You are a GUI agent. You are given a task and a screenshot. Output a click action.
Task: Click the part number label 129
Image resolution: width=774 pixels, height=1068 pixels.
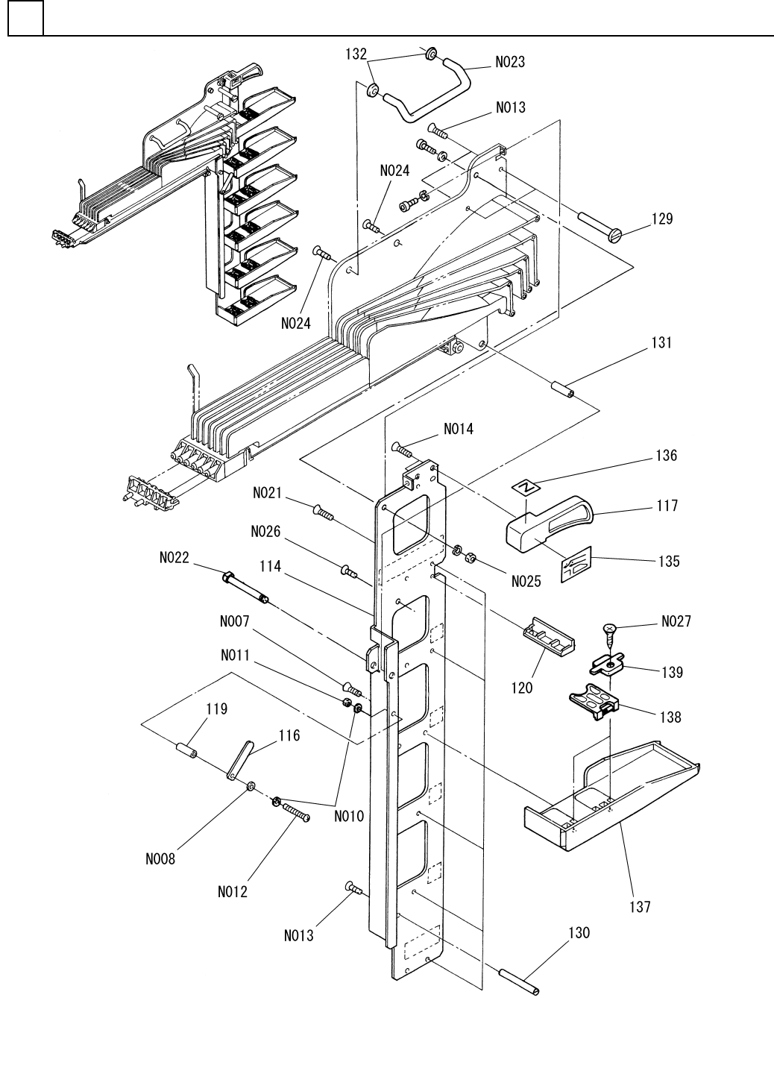coord(662,219)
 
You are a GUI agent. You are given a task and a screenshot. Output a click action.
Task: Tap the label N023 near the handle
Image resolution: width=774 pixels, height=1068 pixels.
coord(510,62)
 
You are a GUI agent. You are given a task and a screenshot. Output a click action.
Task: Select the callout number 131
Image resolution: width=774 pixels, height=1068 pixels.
coord(661,343)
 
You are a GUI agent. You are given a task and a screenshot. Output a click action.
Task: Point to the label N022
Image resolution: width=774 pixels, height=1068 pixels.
coord(174,557)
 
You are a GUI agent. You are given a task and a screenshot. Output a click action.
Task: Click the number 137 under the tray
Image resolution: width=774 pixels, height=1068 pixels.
coord(640,907)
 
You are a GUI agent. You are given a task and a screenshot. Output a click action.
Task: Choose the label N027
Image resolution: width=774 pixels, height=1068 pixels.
coord(676,621)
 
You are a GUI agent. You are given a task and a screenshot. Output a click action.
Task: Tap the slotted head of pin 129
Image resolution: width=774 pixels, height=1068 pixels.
coord(616,236)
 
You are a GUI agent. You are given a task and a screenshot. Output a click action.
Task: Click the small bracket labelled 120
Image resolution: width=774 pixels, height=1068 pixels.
coord(549,639)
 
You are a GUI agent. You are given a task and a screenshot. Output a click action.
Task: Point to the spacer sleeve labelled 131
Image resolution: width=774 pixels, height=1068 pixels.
coord(564,389)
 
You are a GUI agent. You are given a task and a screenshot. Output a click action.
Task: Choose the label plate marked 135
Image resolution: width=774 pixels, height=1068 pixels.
coord(576,565)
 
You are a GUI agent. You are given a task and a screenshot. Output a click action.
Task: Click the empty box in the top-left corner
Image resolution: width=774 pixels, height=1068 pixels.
coord(26,18)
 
